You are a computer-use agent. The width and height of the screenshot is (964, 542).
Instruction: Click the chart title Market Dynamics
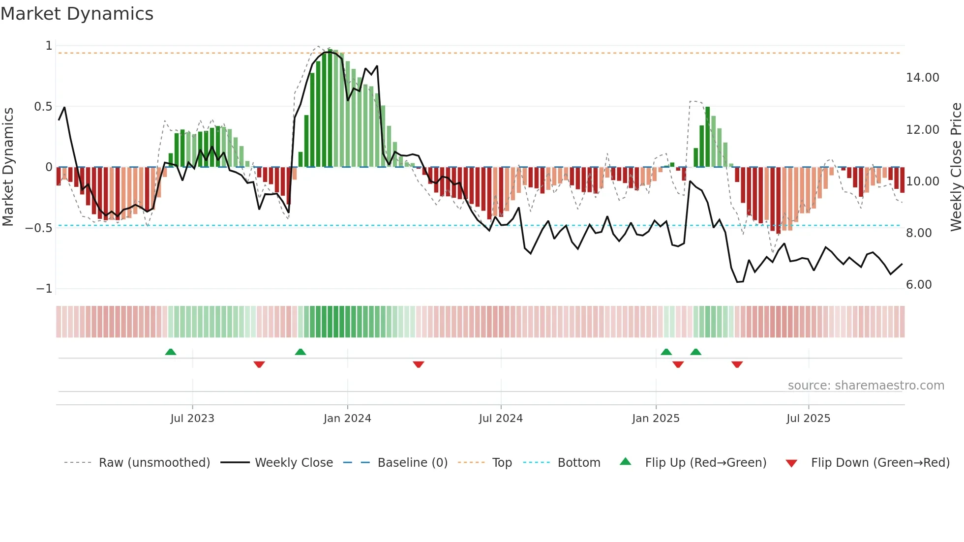pos(77,14)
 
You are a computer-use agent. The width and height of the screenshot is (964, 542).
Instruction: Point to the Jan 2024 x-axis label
pos(347,419)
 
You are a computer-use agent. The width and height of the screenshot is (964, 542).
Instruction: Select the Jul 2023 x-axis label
pos(192,419)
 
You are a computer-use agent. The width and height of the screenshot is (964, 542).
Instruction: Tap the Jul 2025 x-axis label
pos(808,419)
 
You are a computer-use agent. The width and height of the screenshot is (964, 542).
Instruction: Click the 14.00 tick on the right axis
pos(922,78)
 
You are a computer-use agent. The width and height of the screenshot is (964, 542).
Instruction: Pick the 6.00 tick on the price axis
pos(918,285)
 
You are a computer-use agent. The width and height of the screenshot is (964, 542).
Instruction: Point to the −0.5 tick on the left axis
pos(39,228)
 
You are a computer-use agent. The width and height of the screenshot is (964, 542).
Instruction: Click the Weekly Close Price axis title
pos(956,167)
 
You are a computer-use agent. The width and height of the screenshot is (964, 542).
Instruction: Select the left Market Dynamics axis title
pos(8,167)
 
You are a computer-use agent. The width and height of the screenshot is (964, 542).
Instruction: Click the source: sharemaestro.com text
pos(866,386)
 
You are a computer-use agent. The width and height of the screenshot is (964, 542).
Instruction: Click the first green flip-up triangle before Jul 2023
pos(171,352)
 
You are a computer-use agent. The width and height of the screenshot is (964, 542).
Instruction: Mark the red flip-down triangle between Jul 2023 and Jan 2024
pos(259,364)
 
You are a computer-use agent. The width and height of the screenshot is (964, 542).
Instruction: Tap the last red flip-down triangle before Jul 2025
pos(737,364)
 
